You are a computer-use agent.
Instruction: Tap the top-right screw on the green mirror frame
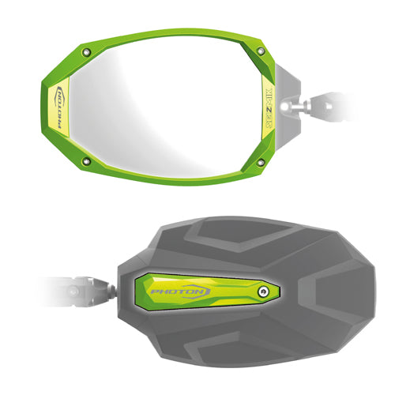pos(261,51)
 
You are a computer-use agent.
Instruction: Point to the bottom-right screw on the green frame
pos(261,163)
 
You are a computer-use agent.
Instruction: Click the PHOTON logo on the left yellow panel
pos(58,107)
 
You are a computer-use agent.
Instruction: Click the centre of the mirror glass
pos(170,107)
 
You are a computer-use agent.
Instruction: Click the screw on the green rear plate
pos(262,292)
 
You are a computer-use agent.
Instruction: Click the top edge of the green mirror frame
pos(174,34)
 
